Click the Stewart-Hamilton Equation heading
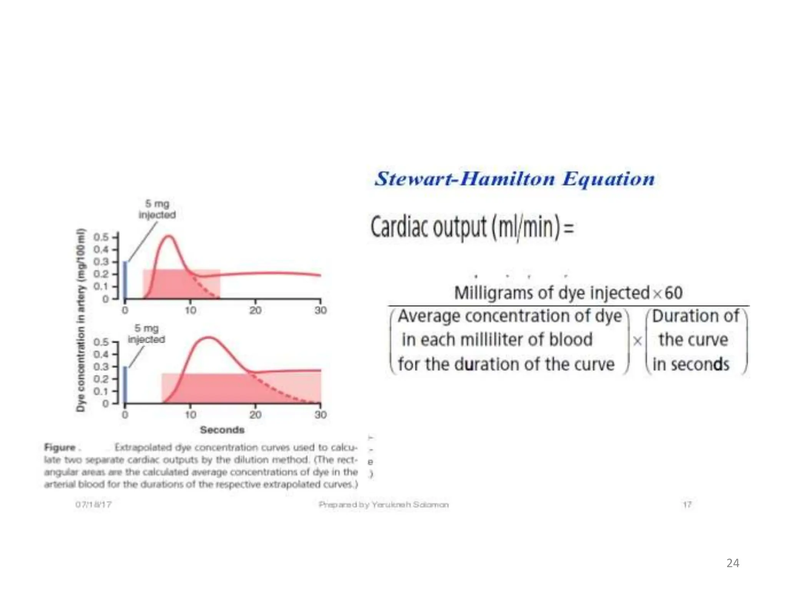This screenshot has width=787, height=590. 515,179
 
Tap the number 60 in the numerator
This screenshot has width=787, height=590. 673,293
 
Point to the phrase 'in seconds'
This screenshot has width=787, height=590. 691,364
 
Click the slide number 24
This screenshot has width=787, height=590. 732,563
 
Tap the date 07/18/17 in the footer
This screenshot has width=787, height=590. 93,504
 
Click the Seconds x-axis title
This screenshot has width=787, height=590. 222,430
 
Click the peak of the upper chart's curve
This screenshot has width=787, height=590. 169,236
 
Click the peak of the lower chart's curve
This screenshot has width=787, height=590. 209,338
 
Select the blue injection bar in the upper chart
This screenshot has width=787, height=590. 125,280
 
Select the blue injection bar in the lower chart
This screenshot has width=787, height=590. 125,384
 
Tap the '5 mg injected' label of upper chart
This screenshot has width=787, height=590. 157,209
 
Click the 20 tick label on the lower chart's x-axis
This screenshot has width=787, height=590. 256,415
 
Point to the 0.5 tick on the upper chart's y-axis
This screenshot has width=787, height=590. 101,237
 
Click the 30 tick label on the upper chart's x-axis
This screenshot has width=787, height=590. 320,310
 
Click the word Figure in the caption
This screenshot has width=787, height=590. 60,447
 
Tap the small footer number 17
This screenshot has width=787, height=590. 687,504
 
